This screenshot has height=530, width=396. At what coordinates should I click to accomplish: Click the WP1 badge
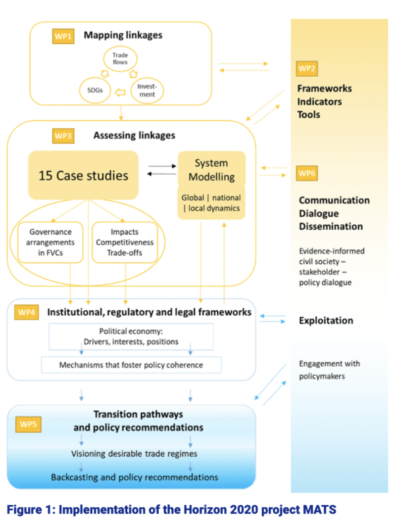click(x=63, y=36)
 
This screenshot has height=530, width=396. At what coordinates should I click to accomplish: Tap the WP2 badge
click(x=307, y=68)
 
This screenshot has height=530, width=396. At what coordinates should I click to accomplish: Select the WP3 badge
click(x=63, y=135)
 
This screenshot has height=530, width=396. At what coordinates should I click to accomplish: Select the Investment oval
click(x=147, y=90)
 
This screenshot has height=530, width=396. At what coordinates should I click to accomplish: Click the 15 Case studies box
click(x=83, y=175)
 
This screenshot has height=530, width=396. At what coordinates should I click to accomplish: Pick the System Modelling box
click(x=211, y=170)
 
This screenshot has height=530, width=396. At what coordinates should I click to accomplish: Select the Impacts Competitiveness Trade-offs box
click(x=125, y=242)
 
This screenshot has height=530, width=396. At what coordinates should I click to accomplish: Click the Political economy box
click(x=131, y=337)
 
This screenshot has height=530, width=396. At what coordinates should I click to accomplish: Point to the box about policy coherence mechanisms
click(x=131, y=365)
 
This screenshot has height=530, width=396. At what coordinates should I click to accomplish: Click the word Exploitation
click(x=326, y=321)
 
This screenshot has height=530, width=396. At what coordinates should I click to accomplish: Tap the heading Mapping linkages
click(x=123, y=35)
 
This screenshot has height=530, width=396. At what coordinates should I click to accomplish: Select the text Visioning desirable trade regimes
click(x=134, y=454)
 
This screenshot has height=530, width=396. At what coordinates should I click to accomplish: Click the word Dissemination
click(x=331, y=226)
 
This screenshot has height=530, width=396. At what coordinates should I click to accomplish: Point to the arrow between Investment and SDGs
click(x=120, y=91)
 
